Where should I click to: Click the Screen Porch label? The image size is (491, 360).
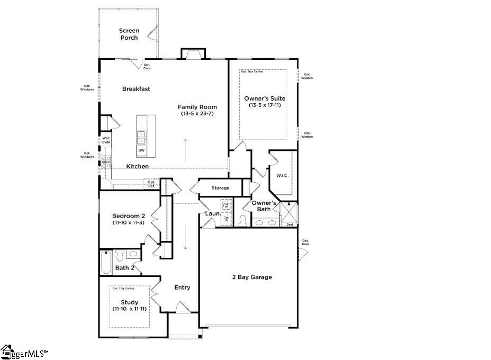tap(129, 34)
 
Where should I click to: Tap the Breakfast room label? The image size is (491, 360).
tap(136, 89)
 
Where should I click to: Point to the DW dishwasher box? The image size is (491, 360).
tap(141, 151)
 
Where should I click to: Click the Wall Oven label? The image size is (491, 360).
tap(106, 140)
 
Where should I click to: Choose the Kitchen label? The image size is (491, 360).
tap(137, 166)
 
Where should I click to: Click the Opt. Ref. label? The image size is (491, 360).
tap(151, 184)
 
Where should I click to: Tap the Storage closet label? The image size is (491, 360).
tap(220, 188)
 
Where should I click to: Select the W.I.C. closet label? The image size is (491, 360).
tap(282, 175)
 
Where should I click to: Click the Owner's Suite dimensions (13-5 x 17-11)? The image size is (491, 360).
tap(265, 105)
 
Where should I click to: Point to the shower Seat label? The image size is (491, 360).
tap(289, 224)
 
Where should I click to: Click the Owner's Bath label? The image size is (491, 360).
tap(263, 206)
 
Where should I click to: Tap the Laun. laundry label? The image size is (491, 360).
tap(213, 214)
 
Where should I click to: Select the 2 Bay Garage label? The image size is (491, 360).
tap(252, 277)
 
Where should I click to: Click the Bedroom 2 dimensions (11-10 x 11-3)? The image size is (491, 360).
tap(129, 223)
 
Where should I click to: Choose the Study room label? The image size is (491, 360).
tap(129, 302)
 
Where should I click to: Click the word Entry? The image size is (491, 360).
tap(182, 287)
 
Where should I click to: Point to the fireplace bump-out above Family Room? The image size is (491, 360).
tap(192, 53)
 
